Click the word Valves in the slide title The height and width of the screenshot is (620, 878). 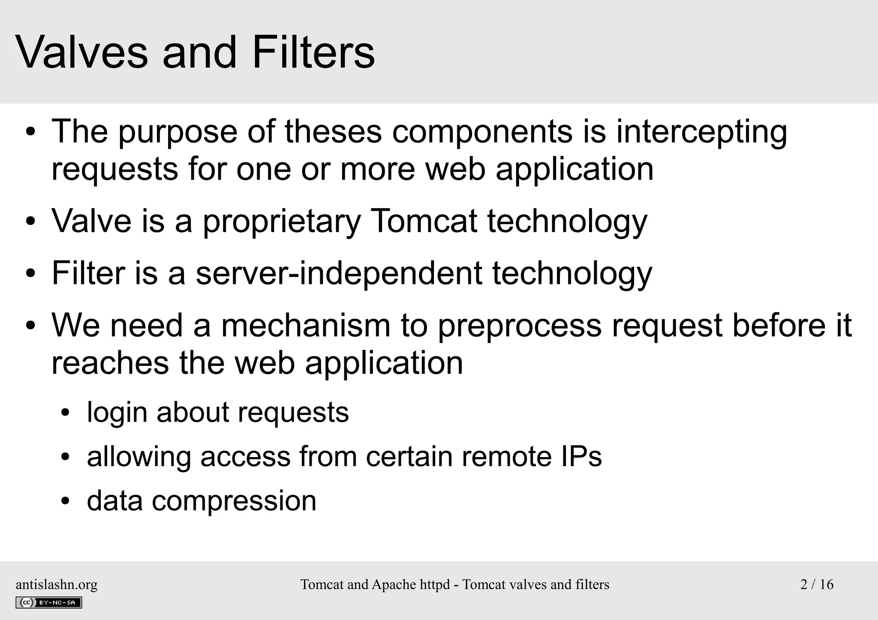pos(81,53)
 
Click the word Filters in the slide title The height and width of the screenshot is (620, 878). pos(313,53)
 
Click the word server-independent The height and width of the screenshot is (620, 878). pos(339,274)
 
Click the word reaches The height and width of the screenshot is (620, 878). pos(110,363)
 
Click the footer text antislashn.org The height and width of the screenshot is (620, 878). pos(57,584)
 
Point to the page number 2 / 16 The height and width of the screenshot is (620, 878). pos(816,584)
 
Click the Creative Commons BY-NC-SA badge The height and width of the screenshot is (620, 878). pos(48,602)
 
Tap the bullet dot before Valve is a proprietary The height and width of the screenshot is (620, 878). pos(30,222)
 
